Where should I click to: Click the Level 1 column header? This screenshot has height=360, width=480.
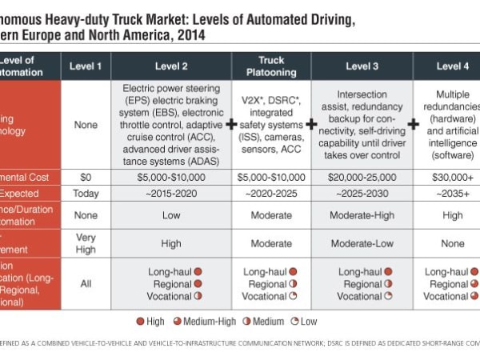[x=86, y=66]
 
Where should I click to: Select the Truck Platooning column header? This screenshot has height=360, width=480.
[x=271, y=66]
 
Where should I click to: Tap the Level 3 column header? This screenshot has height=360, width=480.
[x=362, y=66]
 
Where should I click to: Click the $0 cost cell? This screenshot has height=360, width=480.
[x=86, y=177]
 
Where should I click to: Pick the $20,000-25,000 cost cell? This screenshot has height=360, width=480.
[x=362, y=177]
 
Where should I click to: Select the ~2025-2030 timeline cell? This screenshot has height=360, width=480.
[x=362, y=193]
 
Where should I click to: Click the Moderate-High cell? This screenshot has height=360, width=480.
[x=362, y=215]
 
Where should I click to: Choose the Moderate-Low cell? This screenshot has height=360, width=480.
[x=362, y=242]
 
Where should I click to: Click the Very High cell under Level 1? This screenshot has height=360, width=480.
[x=86, y=242]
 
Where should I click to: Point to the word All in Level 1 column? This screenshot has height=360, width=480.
[x=86, y=283]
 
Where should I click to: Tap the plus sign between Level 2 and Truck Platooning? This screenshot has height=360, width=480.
[x=232, y=125]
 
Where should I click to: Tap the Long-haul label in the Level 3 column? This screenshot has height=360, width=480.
[x=358, y=272]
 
